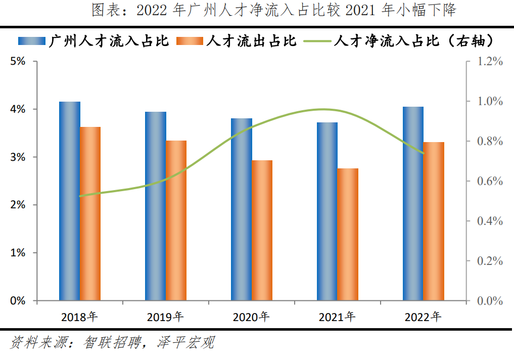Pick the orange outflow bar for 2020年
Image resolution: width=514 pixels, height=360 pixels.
click(262, 231)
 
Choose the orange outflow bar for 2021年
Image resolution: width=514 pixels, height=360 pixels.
click(348, 235)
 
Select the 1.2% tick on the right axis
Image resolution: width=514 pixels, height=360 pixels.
click(490, 61)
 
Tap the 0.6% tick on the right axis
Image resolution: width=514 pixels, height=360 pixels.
click(490, 181)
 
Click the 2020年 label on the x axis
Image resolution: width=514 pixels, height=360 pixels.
click(251, 317)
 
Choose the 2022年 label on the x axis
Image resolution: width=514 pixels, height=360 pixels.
click(423, 317)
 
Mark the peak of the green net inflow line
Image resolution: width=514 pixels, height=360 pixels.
click(322, 109)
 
